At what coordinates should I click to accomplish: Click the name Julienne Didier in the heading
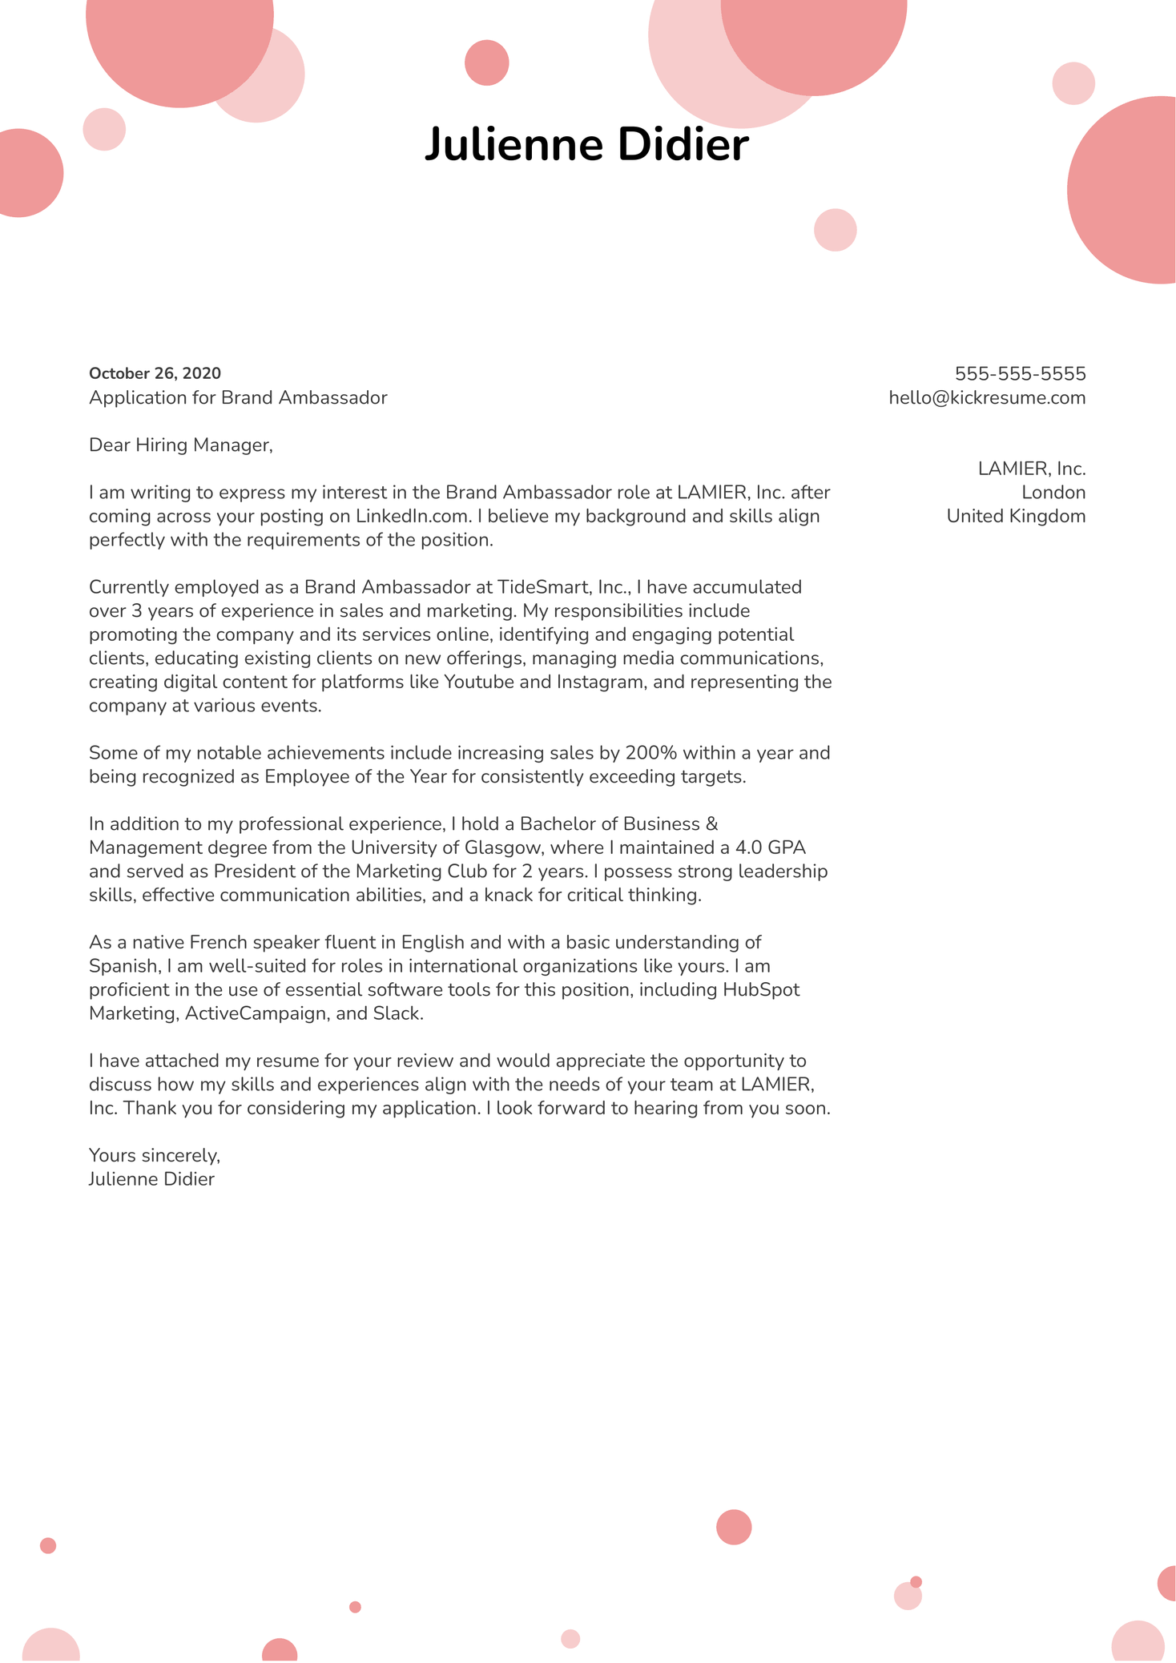tap(586, 145)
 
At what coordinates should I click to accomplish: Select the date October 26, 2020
tap(155, 373)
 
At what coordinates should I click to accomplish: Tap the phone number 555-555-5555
tap(1020, 373)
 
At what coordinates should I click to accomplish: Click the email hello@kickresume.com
tap(987, 397)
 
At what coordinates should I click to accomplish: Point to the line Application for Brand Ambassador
tap(238, 397)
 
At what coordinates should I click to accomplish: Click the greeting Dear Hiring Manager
tap(180, 445)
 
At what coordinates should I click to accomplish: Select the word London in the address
tap(1053, 492)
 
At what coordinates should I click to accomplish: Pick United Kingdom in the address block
tap(1016, 516)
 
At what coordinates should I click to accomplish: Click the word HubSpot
tap(761, 989)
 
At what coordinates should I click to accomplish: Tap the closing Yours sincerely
tap(154, 1155)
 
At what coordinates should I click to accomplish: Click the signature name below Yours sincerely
tap(151, 1179)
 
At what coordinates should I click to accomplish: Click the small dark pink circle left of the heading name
tap(486, 62)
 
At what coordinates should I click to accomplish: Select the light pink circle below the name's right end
tap(835, 230)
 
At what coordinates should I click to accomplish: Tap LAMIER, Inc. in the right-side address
tap(1032, 469)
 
